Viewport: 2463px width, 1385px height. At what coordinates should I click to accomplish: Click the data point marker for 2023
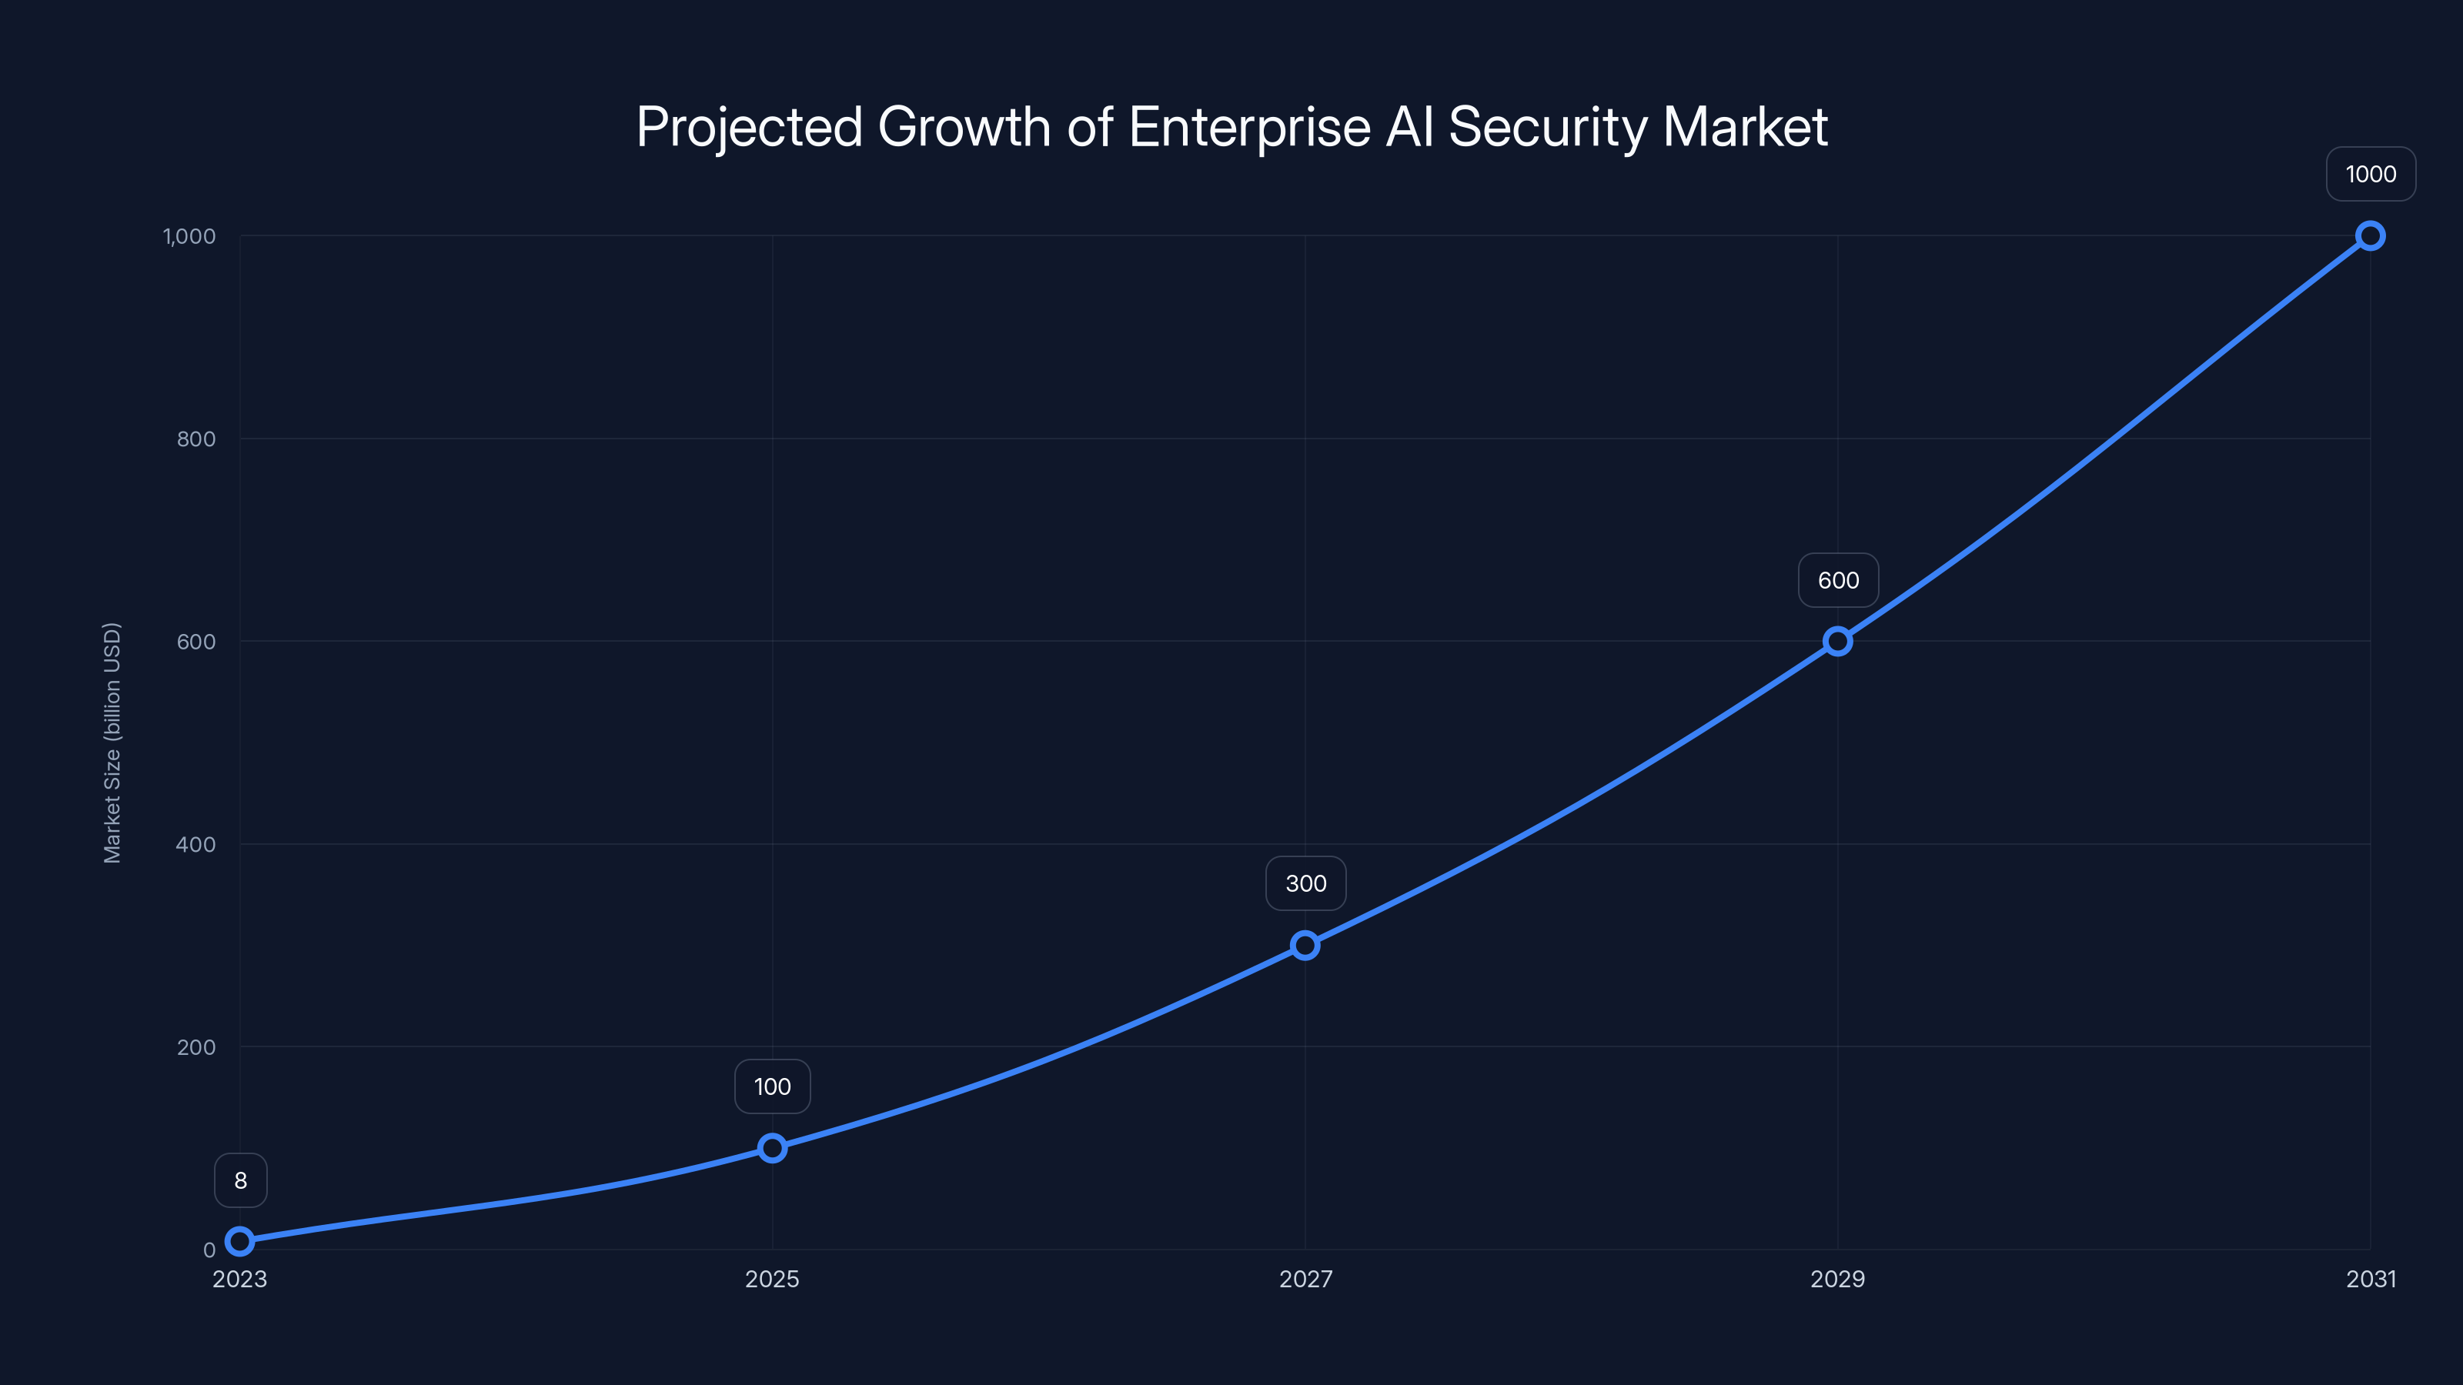coord(240,1240)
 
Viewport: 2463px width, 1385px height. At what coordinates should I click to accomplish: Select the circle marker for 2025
coord(773,1147)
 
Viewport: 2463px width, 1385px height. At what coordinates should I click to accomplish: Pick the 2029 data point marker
coord(1838,640)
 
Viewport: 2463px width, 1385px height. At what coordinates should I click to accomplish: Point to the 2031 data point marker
coord(2371,235)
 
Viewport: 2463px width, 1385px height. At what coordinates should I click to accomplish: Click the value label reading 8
coord(241,1180)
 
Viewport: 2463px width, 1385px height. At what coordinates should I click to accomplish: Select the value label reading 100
coord(773,1086)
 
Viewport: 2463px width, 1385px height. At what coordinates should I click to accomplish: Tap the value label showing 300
coord(1306,883)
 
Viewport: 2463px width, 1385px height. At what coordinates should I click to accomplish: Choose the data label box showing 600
coord(1839,580)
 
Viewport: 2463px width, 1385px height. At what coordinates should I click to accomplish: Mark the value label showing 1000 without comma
coord(2371,174)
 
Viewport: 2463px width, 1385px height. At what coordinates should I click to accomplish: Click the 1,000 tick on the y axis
coord(189,236)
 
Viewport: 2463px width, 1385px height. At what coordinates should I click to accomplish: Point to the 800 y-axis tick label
coord(196,439)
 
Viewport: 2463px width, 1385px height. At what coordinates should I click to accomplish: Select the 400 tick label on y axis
coord(196,844)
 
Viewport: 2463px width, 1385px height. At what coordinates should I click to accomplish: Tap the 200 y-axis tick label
coord(196,1046)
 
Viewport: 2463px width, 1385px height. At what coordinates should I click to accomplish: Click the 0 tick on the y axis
coord(209,1250)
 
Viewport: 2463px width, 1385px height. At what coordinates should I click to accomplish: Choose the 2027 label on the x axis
coord(1306,1279)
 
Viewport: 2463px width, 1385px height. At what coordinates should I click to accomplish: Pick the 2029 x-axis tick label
coord(1838,1279)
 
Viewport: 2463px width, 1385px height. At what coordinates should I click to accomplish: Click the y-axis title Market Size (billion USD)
coord(113,743)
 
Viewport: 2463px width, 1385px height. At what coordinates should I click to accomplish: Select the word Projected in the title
coord(750,127)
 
